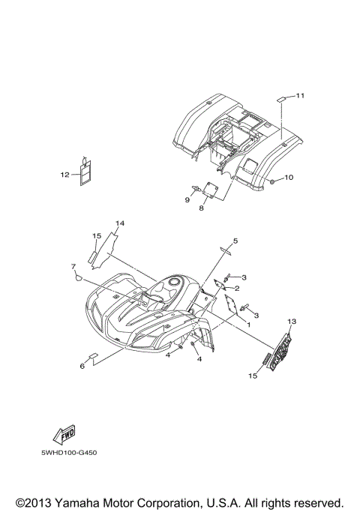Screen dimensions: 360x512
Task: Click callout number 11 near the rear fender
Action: (x=300, y=95)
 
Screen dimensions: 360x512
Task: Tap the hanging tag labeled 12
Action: (x=85, y=172)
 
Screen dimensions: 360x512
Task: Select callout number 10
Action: (x=289, y=178)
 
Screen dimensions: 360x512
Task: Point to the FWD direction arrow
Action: (x=64, y=434)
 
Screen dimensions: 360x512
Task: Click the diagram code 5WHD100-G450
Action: (x=69, y=453)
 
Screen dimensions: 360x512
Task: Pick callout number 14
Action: (x=120, y=223)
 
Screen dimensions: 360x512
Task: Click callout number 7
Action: (x=73, y=266)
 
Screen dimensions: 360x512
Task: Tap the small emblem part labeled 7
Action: (x=79, y=278)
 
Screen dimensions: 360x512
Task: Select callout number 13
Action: (x=292, y=322)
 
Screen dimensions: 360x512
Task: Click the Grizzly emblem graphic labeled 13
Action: (x=280, y=351)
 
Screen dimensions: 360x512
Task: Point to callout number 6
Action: (x=82, y=366)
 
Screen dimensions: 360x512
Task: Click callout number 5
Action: (x=235, y=241)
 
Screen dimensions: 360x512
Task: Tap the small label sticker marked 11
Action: (x=281, y=99)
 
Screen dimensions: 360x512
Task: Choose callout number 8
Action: (x=201, y=208)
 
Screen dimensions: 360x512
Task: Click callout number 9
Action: (x=187, y=199)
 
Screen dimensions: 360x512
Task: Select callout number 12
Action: (x=64, y=175)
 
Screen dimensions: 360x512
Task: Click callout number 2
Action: (x=237, y=289)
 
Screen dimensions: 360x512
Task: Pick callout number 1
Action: (x=248, y=325)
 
